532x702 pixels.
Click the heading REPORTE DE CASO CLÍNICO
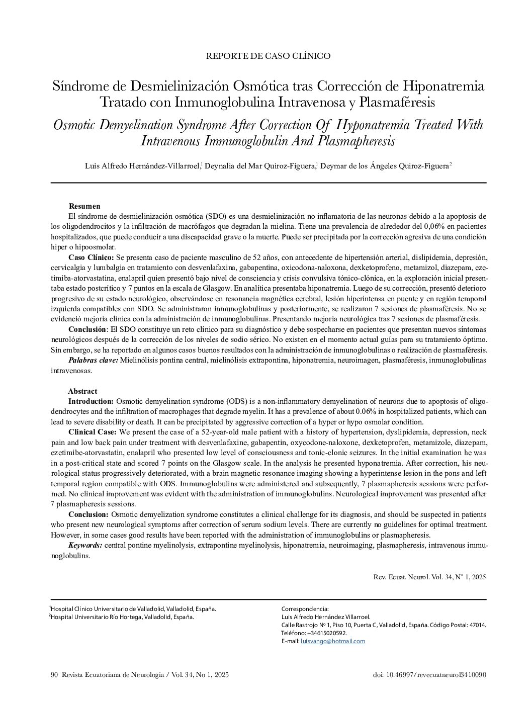tap(268, 56)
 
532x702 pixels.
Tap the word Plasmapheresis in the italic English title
tap(356, 140)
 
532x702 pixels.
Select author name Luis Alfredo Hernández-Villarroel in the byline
tap(143, 166)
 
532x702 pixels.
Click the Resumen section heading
tap(84, 206)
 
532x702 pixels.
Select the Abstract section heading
tap(82, 391)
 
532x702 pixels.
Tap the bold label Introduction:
tap(91, 401)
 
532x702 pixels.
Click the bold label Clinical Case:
tap(93, 432)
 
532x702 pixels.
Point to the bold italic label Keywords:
tap(85, 545)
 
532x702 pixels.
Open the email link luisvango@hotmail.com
tap(332, 641)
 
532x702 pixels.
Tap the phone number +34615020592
tap(327, 633)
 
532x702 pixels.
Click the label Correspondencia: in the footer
tap(305, 609)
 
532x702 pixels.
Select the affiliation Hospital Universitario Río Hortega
tap(122, 617)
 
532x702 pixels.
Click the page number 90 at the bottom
tap(55, 675)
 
